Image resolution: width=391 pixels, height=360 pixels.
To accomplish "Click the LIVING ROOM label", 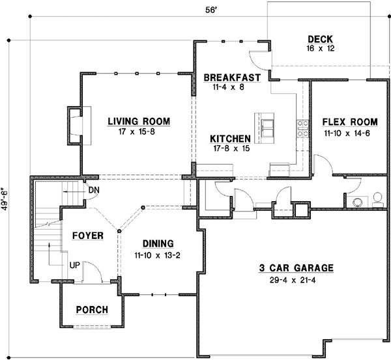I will point(139,121).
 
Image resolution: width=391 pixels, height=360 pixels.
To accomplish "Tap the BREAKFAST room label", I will point(232,77).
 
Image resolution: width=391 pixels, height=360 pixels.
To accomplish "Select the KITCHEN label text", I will point(230,139).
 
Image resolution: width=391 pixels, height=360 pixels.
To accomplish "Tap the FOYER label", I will point(88,235).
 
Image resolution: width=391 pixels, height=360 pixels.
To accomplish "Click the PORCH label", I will point(92,309).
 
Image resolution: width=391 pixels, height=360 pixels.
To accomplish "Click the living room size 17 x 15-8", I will point(139,132).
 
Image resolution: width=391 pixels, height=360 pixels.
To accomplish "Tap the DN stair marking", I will point(94,189).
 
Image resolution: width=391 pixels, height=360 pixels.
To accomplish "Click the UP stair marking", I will point(75,266).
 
